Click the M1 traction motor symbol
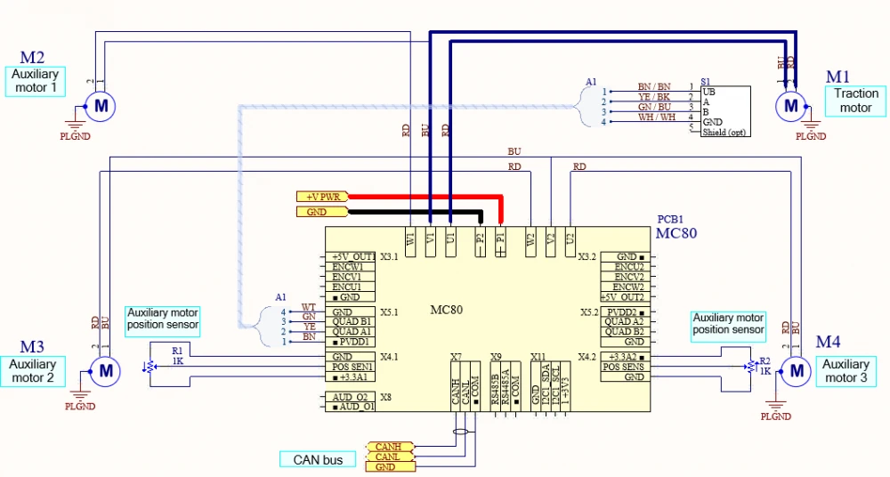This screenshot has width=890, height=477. (x=789, y=107)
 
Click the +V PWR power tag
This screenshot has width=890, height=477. (x=322, y=196)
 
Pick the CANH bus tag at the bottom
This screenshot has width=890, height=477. (x=389, y=446)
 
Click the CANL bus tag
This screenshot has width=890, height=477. (x=389, y=457)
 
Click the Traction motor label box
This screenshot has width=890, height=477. (x=856, y=101)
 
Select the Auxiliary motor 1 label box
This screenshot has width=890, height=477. (x=36, y=82)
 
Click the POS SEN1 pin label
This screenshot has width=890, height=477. (x=352, y=367)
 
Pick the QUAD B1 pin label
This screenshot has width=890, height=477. (x=352, y=322)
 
